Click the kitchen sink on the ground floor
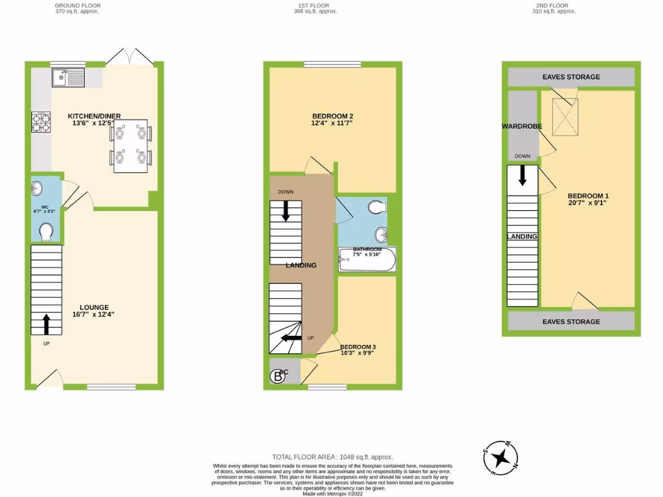click(68, 79)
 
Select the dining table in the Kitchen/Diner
click(131, 146)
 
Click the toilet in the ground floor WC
click(46, 231)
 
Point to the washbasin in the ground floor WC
click(37, 189)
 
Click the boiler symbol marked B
click(278, 375)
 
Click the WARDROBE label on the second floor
click(521, 126)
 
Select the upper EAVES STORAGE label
click(571, 77)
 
